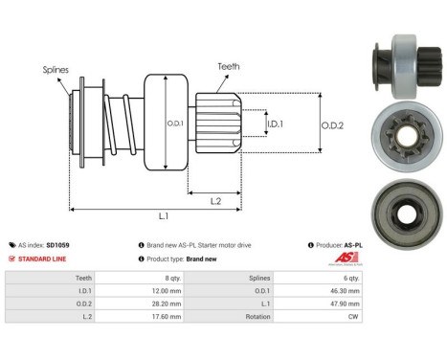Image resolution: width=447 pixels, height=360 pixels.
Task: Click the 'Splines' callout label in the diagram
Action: tap(56, 70)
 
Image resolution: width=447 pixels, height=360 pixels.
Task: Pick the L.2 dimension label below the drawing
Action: tap(215, 199)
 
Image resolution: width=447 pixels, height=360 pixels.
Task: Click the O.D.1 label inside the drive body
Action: tap(174, 122)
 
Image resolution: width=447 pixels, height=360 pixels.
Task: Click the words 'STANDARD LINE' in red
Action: tap(41, 259)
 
